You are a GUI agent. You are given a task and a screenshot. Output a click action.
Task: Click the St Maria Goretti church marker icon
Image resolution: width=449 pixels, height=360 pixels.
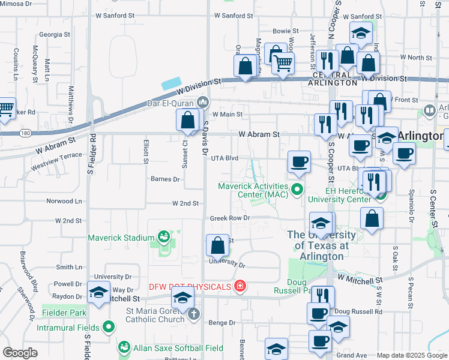(x=193, y=313)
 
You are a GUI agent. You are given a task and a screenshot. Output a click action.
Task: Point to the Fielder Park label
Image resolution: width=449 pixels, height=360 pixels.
(x=64, y=313)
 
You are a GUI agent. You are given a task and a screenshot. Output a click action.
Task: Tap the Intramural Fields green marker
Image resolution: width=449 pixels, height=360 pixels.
(x=108, y=327)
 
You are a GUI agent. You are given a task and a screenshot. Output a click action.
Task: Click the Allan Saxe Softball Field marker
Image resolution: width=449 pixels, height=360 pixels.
(x=124, y=347)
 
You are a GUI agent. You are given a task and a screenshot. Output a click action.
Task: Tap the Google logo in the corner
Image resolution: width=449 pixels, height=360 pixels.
(x=20, y=353)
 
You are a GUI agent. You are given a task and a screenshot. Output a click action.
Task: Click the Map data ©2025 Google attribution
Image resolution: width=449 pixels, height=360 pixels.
(x=412, y=355)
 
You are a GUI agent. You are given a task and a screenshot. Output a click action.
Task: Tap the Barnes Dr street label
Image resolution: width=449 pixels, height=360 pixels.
(x=165, y=179)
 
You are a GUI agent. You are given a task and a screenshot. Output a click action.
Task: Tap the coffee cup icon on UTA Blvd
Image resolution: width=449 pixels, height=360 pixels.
(x=299, y=161)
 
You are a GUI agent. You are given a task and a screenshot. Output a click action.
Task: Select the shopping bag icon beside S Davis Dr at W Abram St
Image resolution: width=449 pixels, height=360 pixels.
(x=188, y=119)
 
